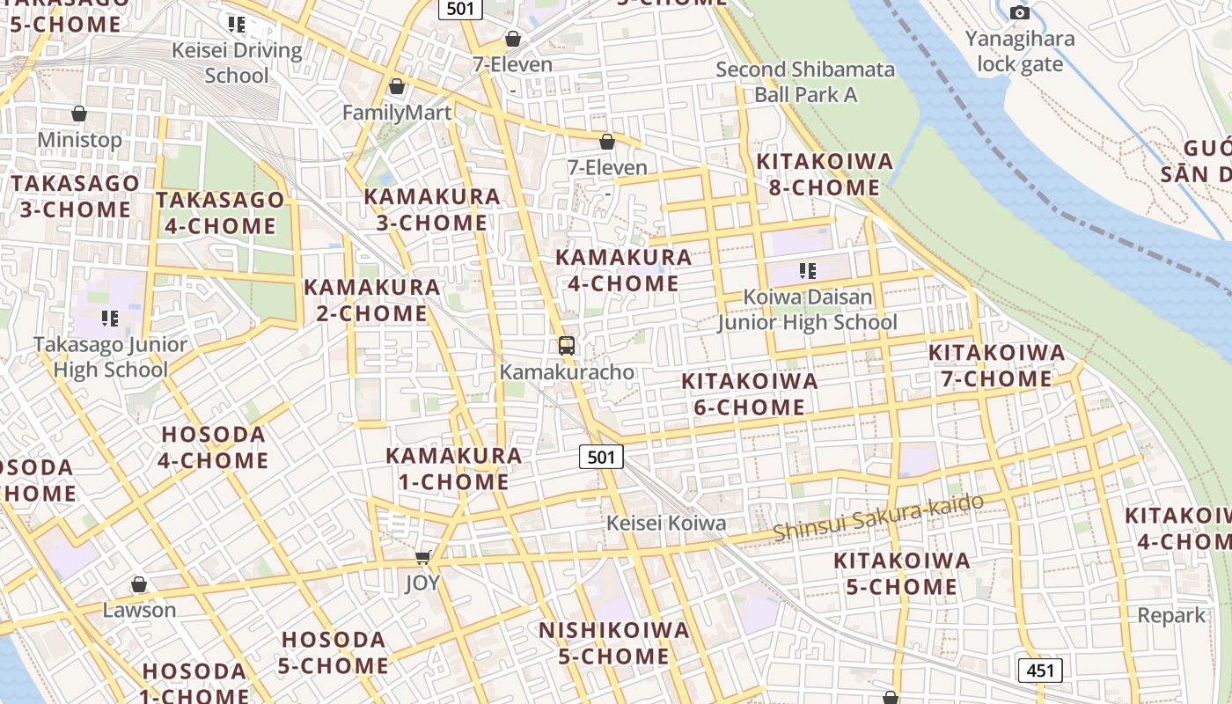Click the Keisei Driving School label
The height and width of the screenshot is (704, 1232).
point(236,62)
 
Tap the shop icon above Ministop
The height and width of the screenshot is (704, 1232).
point(79,114)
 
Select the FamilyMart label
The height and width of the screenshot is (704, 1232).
point(396,113)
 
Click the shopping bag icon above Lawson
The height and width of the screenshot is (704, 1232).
point(139,584)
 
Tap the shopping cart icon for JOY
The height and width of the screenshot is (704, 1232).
point(422,556)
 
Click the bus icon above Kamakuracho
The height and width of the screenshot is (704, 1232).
point(567,346)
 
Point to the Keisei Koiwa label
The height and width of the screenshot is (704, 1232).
point(665,523)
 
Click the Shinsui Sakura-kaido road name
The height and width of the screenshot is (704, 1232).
point(878,519)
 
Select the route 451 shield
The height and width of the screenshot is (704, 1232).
point(1040,671)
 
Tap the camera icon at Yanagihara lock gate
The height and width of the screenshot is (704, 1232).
point(1020,12)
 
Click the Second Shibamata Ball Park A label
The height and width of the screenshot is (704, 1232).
point(805,81)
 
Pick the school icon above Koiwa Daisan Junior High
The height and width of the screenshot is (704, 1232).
point(807,270)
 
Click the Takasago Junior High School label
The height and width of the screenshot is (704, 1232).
point(110,356)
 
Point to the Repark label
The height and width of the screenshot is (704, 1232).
point(1170,615)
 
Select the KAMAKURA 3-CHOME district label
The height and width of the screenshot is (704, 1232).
point(432,209)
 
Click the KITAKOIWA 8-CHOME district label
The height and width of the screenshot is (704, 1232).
point(825,174)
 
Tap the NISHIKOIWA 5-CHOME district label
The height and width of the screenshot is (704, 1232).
point(613,643)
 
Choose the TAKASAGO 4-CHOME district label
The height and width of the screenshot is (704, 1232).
point(220,213)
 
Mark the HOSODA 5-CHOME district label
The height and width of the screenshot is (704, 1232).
point(334,652)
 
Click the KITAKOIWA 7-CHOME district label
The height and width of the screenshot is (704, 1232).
point(996,366)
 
